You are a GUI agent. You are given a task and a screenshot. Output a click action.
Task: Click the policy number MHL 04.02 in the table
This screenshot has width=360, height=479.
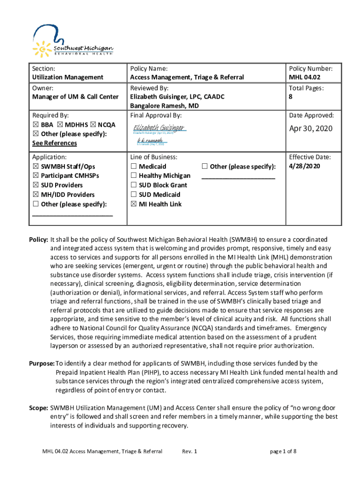(x=304, y=77)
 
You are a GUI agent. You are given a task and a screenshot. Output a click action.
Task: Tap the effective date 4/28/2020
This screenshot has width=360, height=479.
(x=304, y=166)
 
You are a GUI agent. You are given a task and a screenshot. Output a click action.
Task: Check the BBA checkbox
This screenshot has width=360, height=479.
(x=36, y=125)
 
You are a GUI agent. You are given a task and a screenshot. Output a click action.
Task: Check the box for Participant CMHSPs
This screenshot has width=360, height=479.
(x=36, y=176)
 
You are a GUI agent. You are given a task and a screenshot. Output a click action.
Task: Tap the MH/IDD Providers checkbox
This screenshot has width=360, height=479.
(x=36, y=195)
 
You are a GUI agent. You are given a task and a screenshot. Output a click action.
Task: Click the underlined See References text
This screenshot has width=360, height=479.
(x=54, y=143)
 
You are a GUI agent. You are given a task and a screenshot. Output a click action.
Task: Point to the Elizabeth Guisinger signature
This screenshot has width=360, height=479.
(x=159, y=128)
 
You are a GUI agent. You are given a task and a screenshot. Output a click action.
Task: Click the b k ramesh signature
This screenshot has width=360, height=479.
(x=150, y=140)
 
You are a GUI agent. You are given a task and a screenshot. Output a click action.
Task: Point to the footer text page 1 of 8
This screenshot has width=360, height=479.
(x=283, y=451)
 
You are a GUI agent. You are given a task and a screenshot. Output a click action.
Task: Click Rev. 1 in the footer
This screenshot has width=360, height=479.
(x=190, y=451)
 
